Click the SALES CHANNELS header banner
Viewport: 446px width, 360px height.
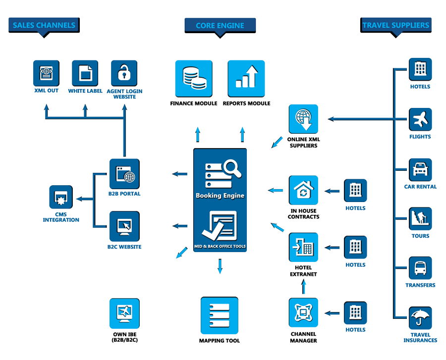click(x=44, y=25)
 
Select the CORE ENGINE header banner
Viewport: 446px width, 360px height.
click(x=220, y=26)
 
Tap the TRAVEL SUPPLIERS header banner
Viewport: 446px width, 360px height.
click(x=395, y=25)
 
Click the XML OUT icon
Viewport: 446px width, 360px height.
click(x=46, y=73)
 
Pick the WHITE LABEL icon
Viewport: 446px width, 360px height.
click(x=85, y=73)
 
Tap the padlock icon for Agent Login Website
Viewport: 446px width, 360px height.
click(x=124, y=73)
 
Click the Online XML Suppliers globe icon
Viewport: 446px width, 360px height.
click(x=303, y=119)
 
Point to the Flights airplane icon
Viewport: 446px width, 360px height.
click(x=420, y=120)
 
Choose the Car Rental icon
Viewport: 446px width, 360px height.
click(x=420, y=170)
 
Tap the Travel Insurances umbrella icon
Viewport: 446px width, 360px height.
click(x=420, y=318)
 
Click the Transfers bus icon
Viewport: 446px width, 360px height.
click(x=420, y=268)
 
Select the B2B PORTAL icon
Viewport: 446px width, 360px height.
click(x=124, y=174)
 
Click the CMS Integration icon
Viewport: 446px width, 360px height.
click(x=61, y=197)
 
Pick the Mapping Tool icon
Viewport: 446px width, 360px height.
click(x=219, y=315)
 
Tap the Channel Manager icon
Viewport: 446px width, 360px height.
click(x=303, y=312)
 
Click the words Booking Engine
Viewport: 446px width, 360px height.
click(x=220, y=196)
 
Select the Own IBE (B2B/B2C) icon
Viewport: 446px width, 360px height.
click(x=124, y=313)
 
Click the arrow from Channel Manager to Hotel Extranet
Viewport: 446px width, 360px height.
click(x=304, y=286)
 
